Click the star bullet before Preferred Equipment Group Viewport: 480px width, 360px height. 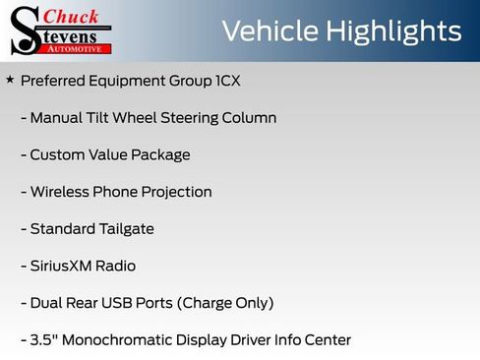[10, 79]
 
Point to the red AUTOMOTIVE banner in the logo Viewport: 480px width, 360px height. [82, 48]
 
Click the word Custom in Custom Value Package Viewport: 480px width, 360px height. [57, 155]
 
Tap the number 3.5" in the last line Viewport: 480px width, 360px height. [43, 340]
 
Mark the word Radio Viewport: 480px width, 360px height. [116, 267]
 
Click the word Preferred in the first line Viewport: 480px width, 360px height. [53, 80]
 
